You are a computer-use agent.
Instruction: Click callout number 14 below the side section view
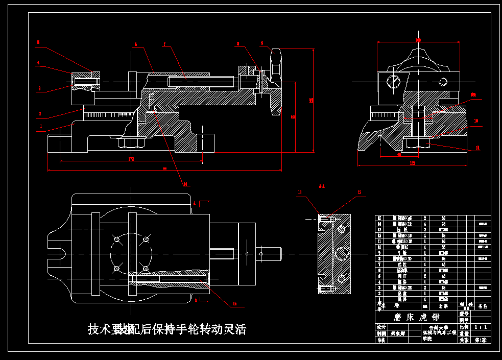pos(185,184)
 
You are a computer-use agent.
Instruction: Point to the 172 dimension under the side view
pos(131,159)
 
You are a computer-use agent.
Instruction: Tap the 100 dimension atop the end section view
pos(418,40)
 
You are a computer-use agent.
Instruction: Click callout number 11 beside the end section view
pos(477,148)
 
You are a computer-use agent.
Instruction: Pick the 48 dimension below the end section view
pos(399,154)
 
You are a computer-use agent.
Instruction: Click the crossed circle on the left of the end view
pos(394,81)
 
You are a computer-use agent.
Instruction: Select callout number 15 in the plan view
pos(235,304)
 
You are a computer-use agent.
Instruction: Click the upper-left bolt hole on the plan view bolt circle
pos(117,239)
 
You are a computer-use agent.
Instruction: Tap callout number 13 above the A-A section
pos(300,193)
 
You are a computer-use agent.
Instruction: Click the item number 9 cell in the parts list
pos(379,252)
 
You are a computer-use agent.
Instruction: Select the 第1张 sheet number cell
pos(481,340)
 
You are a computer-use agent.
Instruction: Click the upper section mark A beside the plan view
pos(195,203)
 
